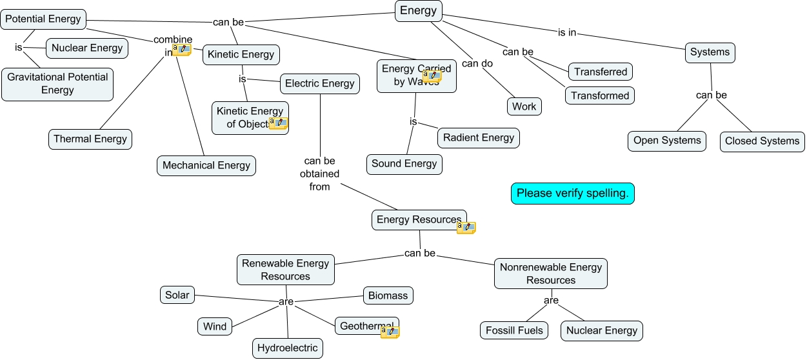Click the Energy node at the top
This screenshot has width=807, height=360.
(x=418, y=10)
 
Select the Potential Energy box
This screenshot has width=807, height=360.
(x=43, y=19)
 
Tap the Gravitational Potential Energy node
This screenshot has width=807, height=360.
(x=57, y=84)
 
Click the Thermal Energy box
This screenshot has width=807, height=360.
(x=90, y=139)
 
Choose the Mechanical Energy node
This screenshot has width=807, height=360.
(x=206, y=166)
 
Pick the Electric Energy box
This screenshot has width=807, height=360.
(x=319, y=84)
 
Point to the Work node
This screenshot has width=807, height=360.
(x=524, y=107)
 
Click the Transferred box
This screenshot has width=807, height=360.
(x=601, y=72)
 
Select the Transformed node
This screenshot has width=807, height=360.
(x=600, y=96)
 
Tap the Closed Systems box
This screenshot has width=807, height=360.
(x=762, y=141)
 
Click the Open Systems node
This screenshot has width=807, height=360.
(x=667, y=141)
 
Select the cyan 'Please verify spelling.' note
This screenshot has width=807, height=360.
(x=573, y=194)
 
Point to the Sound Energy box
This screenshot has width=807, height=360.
(x=404, y=164)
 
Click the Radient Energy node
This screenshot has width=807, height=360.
(x=478, y=137)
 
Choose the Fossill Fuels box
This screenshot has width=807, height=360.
(x=514, y=331)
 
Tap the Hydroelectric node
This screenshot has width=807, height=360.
(x=287, y=348)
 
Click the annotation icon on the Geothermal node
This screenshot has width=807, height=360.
(x=390, y=332)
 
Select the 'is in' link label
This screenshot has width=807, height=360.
(x=567, y=32)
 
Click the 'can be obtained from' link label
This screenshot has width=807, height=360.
(x=320, y=174)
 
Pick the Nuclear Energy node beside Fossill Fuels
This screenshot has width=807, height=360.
(x=601, y=331)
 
